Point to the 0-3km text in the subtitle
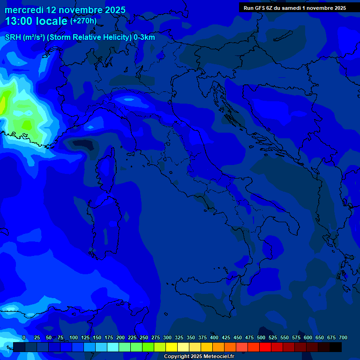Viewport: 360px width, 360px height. pyautogui.click(x=144, y=37)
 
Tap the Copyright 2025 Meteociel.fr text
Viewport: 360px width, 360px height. pyautogui.click(x=199, y=357)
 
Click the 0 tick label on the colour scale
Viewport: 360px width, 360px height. pyautogui.click(x=24, y=337)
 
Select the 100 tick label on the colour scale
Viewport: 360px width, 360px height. pyautogui.click(x=74, y=337)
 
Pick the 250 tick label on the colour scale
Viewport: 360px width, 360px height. pyautogui.click(x=144, y=337)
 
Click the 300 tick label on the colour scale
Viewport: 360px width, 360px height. pyautogui.click(x=167, y=337)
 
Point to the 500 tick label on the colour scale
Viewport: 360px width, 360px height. pyautogui.click(x=261, y=337)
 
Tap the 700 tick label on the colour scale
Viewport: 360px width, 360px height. pyautogui.click(x=343, y=337)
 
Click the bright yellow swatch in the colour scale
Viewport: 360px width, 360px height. pyautogui.click(x=172, y=347)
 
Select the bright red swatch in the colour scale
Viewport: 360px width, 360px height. pyautogui.click(x=265, y=347)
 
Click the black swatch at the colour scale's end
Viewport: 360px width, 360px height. pyautogui.click(x=336, y=347)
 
